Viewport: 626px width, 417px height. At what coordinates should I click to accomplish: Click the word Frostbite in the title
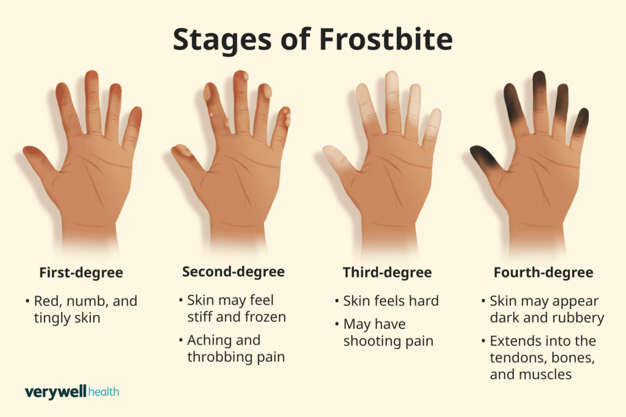(386, 39)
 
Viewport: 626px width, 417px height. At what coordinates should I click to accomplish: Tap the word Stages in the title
(222, 40)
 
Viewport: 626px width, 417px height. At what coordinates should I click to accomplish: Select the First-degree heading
(81, 273)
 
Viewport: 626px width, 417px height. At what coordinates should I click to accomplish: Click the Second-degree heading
(234, 272)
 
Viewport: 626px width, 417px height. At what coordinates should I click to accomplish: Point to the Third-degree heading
(387, 273)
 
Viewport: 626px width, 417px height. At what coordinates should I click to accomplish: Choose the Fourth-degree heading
(543, 273)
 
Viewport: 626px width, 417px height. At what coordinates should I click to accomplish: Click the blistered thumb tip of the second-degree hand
(182, 151)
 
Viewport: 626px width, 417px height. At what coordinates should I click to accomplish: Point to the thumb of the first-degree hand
(40, 158)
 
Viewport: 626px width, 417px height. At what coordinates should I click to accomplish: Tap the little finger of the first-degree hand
(132, 128)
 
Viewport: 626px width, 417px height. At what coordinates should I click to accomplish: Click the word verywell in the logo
(56, 393)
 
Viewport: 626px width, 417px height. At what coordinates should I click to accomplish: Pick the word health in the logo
(103, 392)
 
